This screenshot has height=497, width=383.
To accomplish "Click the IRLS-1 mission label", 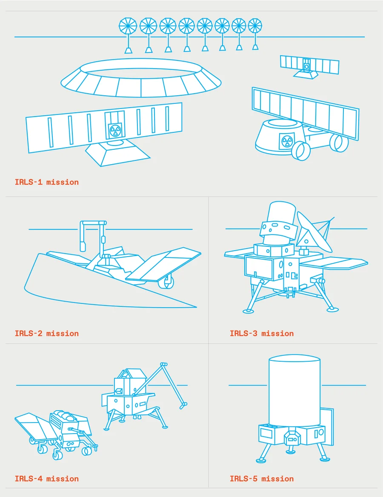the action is pos(47,182).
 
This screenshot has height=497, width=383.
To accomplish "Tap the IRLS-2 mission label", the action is pos(47,333).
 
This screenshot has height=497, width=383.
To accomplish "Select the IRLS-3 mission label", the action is pos(262,333).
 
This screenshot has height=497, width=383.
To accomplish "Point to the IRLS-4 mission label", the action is pos(47,478).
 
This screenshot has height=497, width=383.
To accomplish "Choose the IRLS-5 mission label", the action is pos(262,478).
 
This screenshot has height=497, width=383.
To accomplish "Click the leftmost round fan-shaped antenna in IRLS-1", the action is pos(128,26).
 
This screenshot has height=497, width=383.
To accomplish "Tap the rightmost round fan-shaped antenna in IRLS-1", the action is pos(255,26).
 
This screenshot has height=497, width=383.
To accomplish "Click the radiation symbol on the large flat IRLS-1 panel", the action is pos(114,130).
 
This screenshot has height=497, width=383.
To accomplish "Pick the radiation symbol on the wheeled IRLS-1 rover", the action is pos(287,141).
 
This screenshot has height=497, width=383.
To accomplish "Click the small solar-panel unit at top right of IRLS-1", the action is pos(309,66).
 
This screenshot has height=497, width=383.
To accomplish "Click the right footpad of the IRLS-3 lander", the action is pos(333,309).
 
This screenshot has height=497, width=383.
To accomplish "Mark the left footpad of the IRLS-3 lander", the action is pos(248,311).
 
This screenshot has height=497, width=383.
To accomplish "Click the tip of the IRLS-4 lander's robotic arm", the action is pos(183,406).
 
